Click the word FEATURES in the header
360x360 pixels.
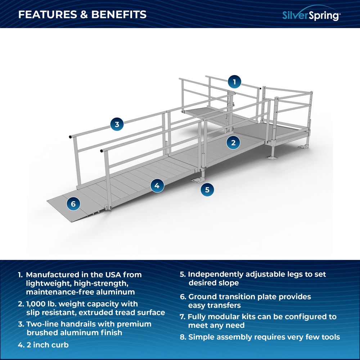coord(45,15)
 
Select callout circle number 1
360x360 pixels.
coord(234,82)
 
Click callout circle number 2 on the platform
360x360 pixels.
coord(233,143)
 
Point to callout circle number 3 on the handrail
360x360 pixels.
coord(117,125)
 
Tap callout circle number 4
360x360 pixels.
coord(157,186)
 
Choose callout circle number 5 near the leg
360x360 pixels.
coord(207,189)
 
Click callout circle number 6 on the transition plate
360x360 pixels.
coord(73,204)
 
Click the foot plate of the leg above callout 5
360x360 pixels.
coord(198,179)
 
